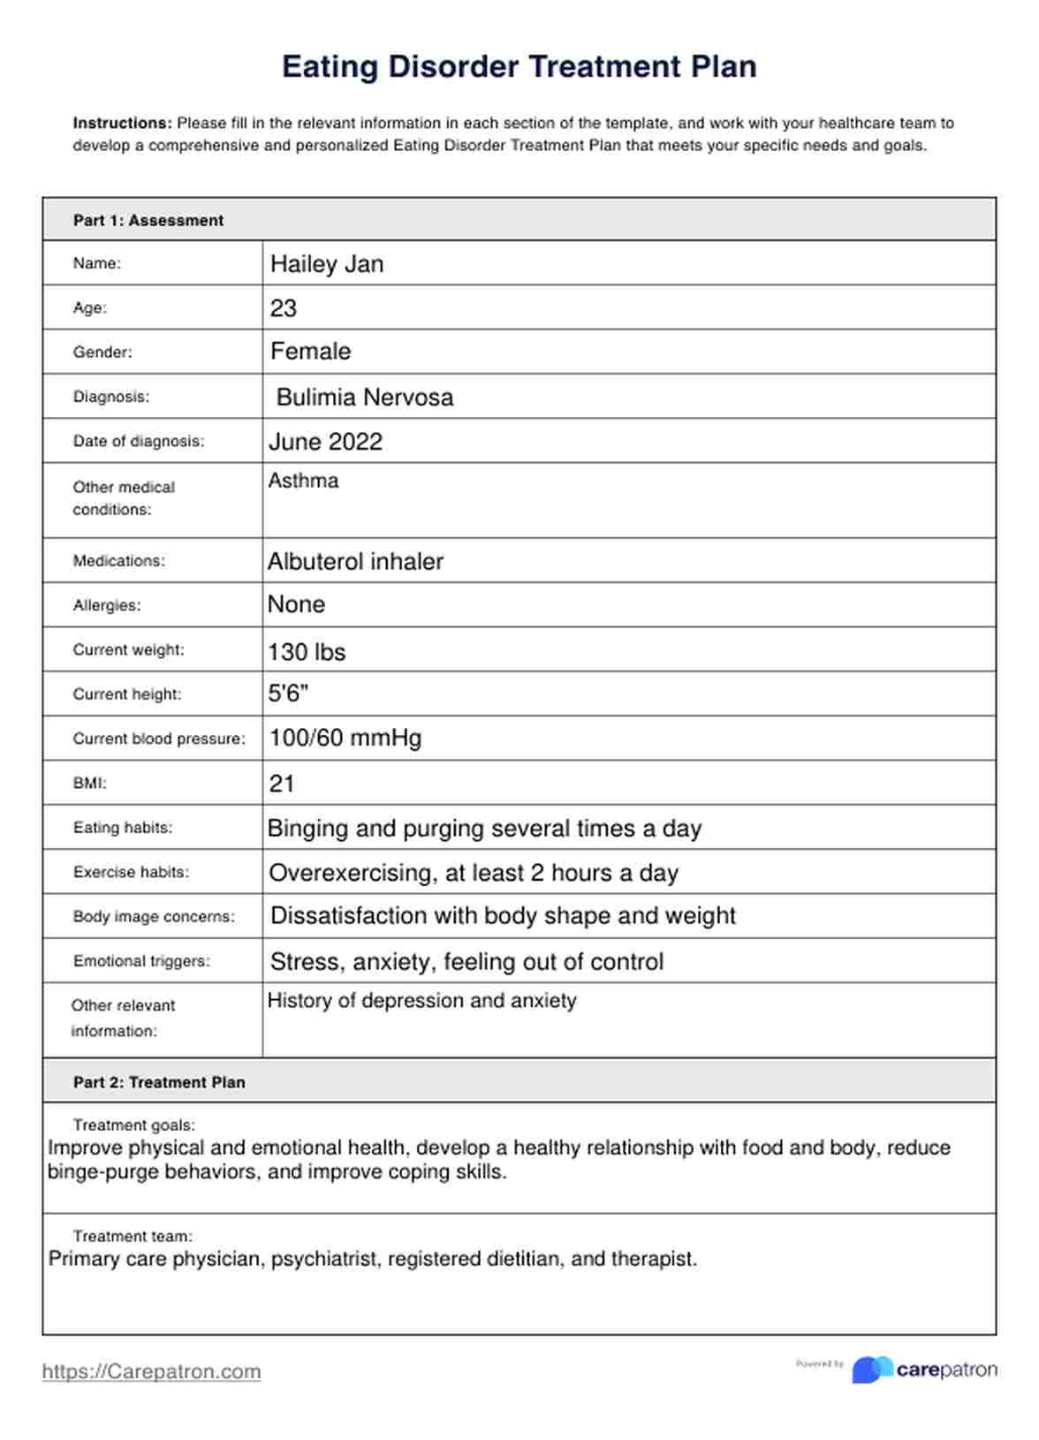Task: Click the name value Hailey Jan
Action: click(326, 264)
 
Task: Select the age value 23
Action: click(283, 308)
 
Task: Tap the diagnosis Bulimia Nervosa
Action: click(364, 398)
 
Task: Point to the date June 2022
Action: click(325, 442)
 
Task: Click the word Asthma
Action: click(303, 481)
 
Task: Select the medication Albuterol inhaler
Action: click(355, 562)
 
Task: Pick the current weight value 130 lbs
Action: click(307, 652)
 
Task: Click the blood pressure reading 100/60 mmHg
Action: click(345, 738)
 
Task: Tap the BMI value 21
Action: click(281, 784)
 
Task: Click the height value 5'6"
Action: click(288, 693)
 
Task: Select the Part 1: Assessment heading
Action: click(148, 221)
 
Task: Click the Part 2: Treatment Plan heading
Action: click(159, 1082)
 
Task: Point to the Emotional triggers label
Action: click(141, 961)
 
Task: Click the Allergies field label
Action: click(107, 606)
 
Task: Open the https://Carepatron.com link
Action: click(151, 1371)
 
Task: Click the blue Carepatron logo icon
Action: click(871, 1369)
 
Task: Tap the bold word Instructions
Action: click(122, 124)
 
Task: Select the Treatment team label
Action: click(133, 1236)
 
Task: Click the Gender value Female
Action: click(310, 352)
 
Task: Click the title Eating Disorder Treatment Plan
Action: click(519, 67)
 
